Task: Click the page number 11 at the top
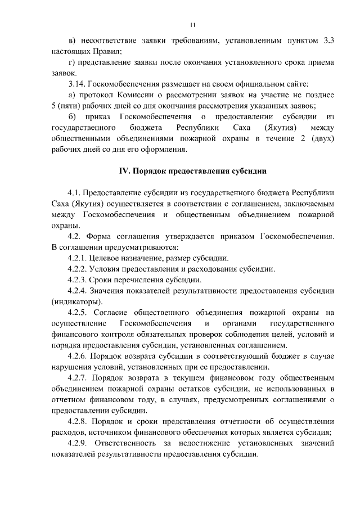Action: [193, 24]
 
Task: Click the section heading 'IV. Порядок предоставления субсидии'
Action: [192, 170]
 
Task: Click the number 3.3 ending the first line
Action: [329, 40]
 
